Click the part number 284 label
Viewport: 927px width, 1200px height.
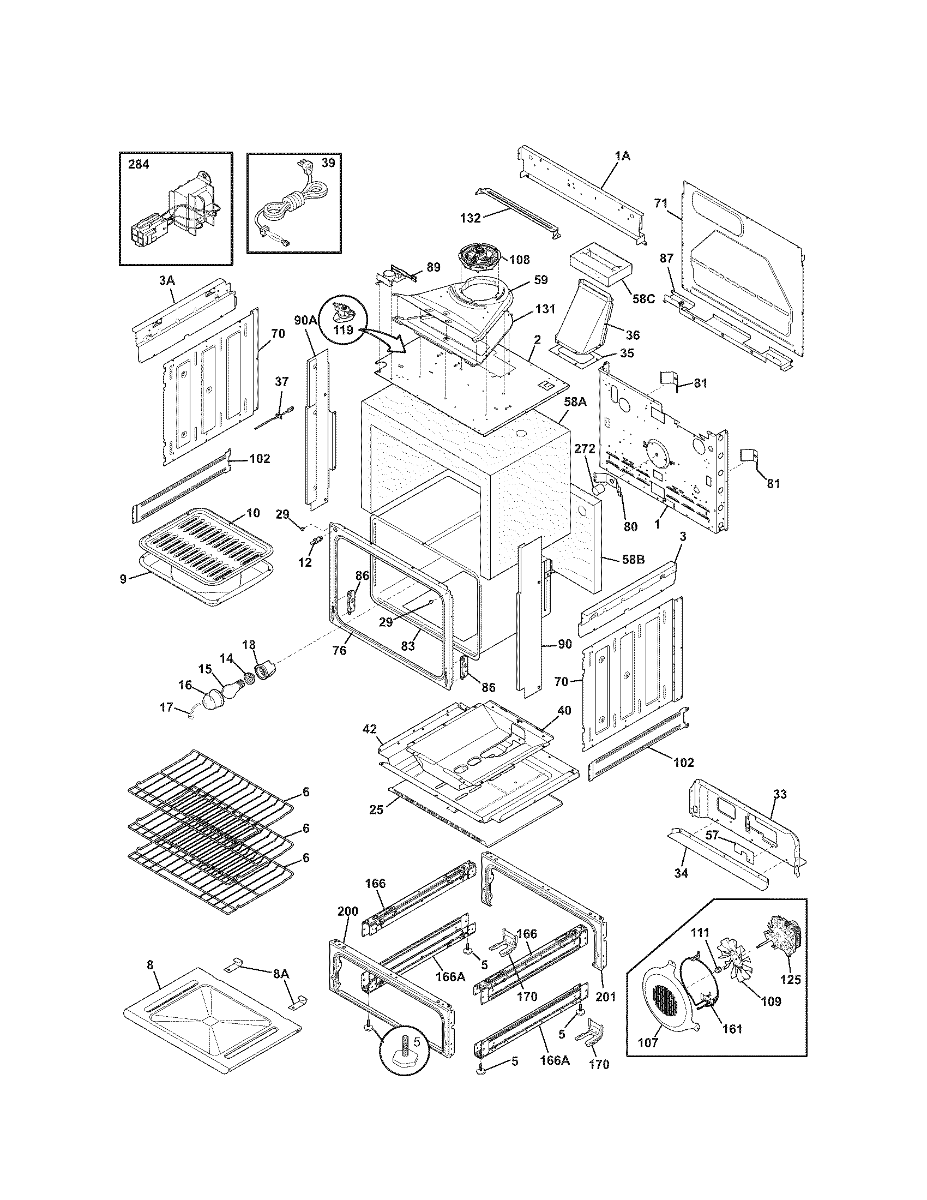pos(139,164)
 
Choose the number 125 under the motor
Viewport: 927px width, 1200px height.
pos(790,979)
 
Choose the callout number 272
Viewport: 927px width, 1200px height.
pos(585,449)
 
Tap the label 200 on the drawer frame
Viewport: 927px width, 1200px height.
pos(348,911)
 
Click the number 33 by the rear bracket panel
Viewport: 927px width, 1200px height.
pos(780,794)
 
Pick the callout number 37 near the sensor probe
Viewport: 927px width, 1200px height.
pos(281,382)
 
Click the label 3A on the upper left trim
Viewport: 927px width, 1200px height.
pos(167,281)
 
